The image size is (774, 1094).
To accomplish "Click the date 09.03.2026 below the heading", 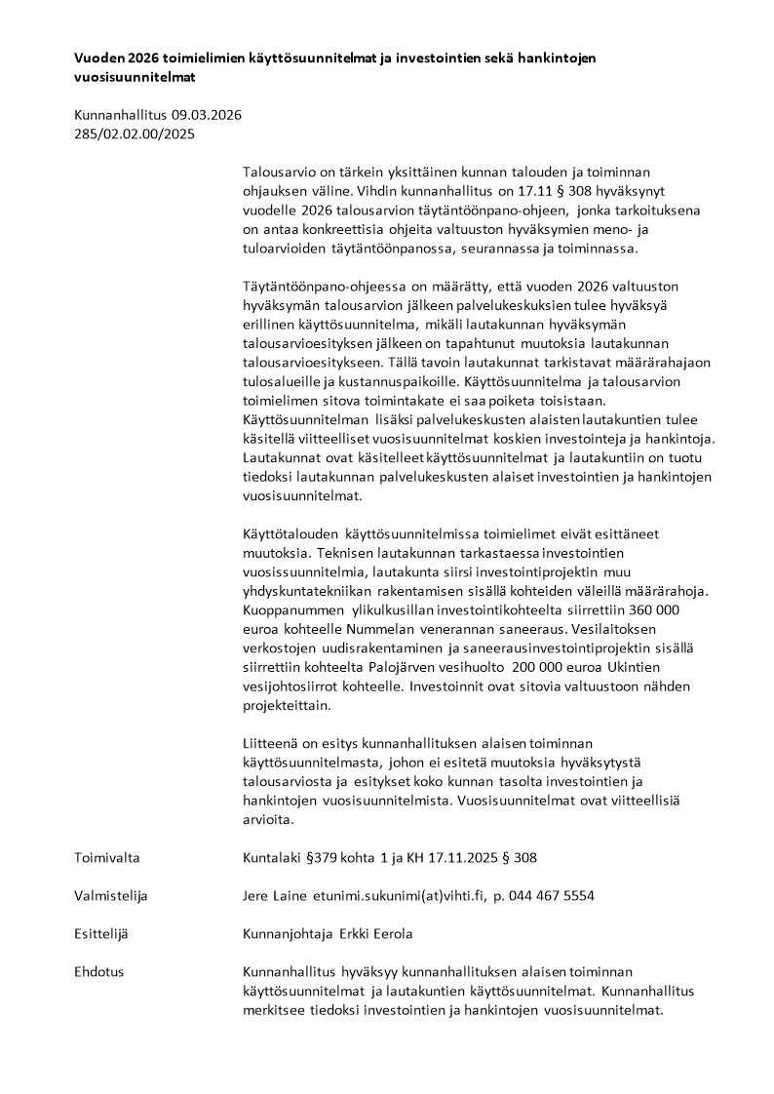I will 207,114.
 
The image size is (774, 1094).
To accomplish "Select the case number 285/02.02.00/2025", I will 135,135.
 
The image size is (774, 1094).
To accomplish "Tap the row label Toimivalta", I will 107,858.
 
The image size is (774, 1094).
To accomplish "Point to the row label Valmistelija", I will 111,896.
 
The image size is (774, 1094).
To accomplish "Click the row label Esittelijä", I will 101,934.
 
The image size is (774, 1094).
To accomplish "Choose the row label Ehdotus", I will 99,972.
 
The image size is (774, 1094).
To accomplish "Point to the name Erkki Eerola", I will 375,934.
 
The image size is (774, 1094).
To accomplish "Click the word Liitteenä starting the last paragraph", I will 273,743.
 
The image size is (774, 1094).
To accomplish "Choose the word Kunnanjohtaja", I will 288,934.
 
